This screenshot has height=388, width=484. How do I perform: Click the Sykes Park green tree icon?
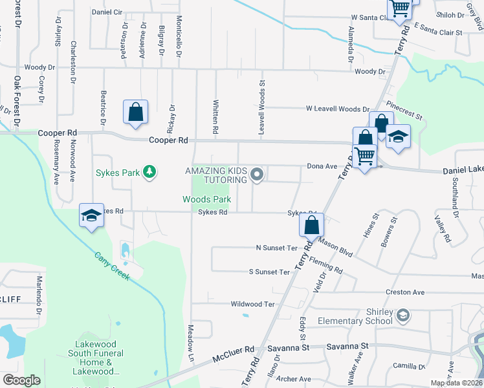tap(150, 171)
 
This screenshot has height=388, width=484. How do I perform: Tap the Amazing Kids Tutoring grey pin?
tap(258, 174)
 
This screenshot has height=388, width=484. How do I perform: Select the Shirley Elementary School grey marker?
tap(402, 314)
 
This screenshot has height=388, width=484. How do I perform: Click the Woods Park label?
tap(207, 200)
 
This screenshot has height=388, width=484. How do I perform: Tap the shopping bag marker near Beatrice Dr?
tap(136, 113)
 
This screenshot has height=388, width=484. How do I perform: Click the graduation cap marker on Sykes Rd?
tap(91, 215)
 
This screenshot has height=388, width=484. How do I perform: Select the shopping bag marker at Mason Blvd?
tap(311, 225)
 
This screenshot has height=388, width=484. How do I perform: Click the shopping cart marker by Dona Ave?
tap(365, 155)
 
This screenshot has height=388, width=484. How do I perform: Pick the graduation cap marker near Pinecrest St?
tap(399, 136)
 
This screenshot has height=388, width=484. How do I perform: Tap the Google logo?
tap(21, 380)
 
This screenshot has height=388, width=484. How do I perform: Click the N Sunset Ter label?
tap(276, 248)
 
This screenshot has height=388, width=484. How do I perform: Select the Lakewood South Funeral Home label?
tap(96, 358)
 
